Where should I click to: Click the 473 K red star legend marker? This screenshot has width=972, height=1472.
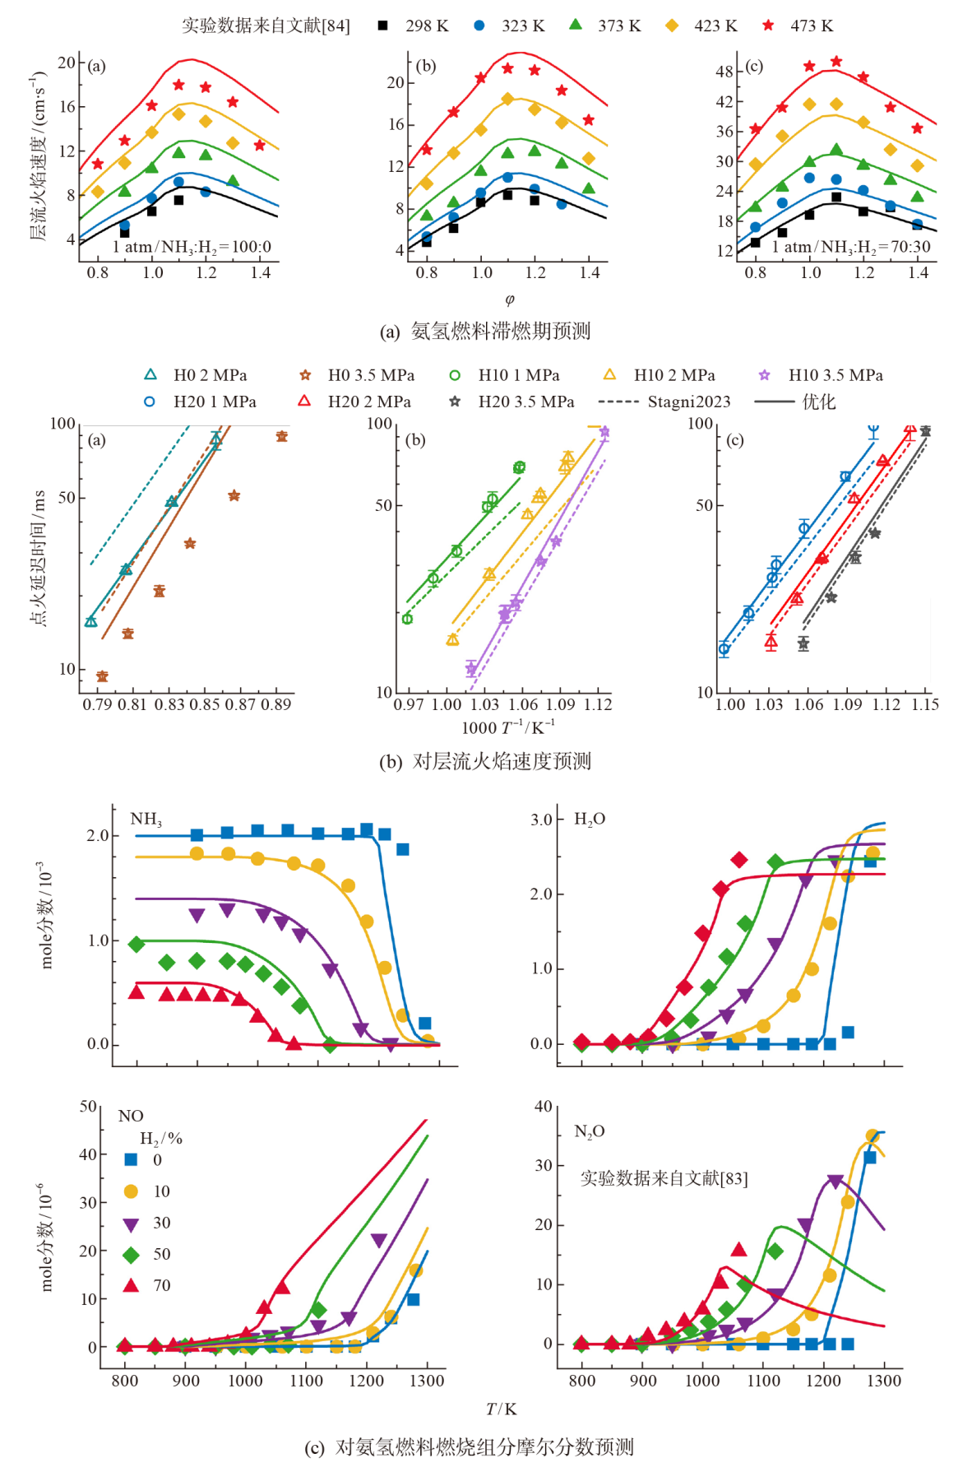(x=768, y=26)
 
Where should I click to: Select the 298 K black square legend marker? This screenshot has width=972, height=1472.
(x=382, y=26)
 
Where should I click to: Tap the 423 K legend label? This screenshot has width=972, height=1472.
(x=715, y=26)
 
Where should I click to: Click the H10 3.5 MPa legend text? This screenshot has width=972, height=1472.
(x=835, y=375)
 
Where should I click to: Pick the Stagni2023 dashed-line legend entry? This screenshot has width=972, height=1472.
(x=665, y=402)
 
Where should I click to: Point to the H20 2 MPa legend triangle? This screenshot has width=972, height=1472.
(x=304, y=401)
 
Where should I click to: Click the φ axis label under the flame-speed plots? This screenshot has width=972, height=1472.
(x=510, y=300)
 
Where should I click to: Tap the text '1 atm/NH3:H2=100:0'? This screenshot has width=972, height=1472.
(x=192, y=247)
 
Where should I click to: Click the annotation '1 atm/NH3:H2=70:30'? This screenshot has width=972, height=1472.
(x=851, y=247)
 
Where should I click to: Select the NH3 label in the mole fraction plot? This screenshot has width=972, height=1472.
(x=146, y=819)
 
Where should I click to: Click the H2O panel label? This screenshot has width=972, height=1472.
(x=590, y=820)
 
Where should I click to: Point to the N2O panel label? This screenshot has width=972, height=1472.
(x=589, y=1131)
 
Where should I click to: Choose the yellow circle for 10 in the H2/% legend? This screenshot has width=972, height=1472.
(x=131, y=1191)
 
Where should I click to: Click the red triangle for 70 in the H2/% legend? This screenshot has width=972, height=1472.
(x=131, y=1285)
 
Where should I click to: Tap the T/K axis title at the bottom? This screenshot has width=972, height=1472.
(x=501, y=1409)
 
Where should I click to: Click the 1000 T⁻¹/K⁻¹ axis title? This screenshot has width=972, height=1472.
(x=507, y=727)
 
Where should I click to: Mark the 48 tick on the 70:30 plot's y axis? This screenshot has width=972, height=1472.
(x=724, y=72)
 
